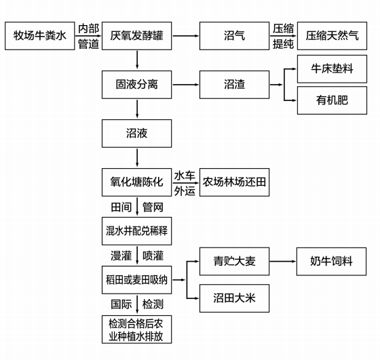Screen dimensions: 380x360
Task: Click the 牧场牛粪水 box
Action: pyautogui.click(x=40, y=36)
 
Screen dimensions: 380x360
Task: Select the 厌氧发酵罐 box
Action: pyautogui.click(x=136, y=36)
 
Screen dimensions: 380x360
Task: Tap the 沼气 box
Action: pyautogui.click(x=234, y=36)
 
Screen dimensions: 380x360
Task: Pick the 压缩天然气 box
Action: pyautogui.click(x=332, y=36)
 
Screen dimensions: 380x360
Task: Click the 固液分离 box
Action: pyautogui.click(x=136, y=85)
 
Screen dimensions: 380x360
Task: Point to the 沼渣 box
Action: pyautogui.click(x=234, y=85)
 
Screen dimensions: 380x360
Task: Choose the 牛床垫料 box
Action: pyautogui.click(x=332, y=69)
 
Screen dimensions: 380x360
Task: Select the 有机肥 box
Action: pyautogui.click(x=332, y=100)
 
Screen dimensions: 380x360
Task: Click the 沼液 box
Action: pyautogui.click(x=136, y=134)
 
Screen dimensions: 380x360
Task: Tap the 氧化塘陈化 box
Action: pyautogui.click(x=136, y=182)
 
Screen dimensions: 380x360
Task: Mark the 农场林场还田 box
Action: pyautogui.click(x=234, y=182)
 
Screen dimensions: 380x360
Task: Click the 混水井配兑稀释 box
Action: pyautogui.click(x=136, y=231)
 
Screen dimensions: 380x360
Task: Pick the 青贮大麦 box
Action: pyautogui.click(x=234, y=262)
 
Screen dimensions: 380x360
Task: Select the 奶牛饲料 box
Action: pyautogui.click(x=331, y=262)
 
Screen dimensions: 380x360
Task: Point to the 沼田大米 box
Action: pyautogui.click(x=234, y=298)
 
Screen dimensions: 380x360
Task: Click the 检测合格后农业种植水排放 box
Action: pyautogui.click(x=136, y=329)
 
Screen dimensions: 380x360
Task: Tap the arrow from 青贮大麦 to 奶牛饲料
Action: pyautogui.click(x=283, y=262)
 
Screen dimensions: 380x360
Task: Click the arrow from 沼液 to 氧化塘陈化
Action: pyautogui.click(x=137, y=158)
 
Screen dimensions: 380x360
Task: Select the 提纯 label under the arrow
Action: pyautogui.click(x=283, y=44)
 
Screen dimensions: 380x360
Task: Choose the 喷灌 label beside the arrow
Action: pyautogui.click(x=153, y=256)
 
